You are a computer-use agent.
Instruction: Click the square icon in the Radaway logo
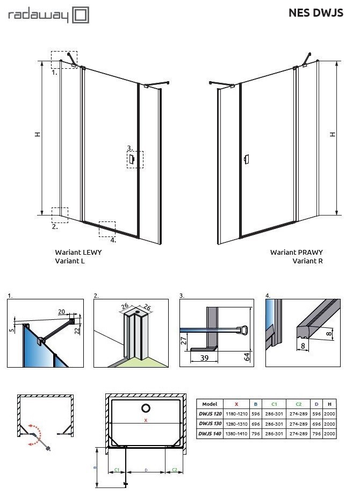click(81, 16)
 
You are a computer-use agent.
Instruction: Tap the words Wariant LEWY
click(78, 252)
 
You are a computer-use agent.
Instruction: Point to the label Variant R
click(307, 261)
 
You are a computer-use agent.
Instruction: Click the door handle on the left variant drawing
click(131, 159)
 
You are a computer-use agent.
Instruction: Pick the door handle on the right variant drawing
click(246, 159)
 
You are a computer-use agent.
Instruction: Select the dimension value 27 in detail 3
click(184, 340)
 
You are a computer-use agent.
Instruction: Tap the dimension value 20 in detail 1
click(62, 311)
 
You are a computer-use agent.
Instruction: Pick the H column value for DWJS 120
click(329, 414)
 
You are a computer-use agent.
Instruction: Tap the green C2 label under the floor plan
click(174, 469)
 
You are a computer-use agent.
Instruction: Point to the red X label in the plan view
click(145, 421)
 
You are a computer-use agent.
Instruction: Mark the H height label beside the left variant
click(37, 134)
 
